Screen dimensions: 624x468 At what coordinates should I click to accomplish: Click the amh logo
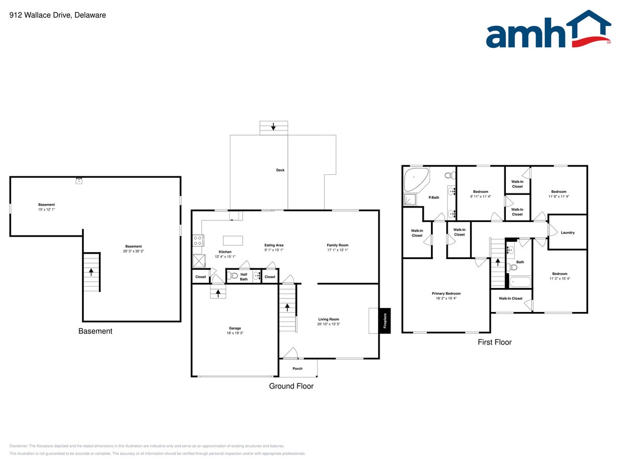(x=549, y=29)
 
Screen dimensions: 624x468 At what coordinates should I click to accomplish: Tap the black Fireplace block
(x=385, y=320)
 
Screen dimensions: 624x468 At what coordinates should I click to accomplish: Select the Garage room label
(x=235, y=328)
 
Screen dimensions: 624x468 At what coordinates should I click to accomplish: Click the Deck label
(x=280, y=170)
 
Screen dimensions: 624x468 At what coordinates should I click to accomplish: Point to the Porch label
(x=297, y=369)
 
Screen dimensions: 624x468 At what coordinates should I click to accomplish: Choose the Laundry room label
(x=567, y=232)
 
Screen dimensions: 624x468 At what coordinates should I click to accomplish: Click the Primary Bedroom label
(x=446, y=293)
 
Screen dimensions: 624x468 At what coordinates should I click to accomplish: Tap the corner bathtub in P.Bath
(x=416, y=179)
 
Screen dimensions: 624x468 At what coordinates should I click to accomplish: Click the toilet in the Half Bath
(x=233, y=276)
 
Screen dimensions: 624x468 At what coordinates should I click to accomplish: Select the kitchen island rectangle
(x=233, y=240)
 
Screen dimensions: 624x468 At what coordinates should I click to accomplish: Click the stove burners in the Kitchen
(x=198, y=240)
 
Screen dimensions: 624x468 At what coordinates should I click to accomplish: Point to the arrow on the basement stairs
(x=91, y=272)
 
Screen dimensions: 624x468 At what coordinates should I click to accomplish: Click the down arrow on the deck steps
(x=273, y=127)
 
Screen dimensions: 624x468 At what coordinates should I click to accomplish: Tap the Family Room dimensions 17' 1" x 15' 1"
(x=337, y=250)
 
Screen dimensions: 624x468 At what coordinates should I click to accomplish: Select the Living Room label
(x=329, y=319)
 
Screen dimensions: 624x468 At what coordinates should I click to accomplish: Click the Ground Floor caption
(x=291, y=386)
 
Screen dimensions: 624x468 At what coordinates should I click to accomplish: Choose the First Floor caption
(x=495, y=342)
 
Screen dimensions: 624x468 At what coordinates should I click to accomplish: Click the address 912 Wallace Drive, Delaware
(x=58, y=15)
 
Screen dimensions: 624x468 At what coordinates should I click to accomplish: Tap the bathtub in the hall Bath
(x=520, y=282)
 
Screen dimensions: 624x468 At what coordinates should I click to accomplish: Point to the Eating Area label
(x=274, y=245)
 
